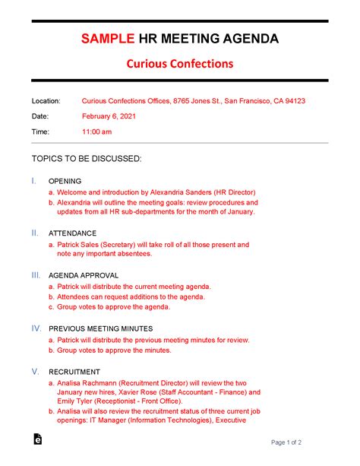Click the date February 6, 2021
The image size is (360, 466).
coord(109,116)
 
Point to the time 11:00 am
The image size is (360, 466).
coord(96,132)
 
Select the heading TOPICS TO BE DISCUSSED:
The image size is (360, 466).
coord(86,159)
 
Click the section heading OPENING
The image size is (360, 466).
coord(64,182)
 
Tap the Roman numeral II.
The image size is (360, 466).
coord(35,233)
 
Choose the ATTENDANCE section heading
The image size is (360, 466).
coord(72,233)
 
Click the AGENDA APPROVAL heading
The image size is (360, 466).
coord(83,274)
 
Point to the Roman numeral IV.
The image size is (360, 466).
coord(36,328)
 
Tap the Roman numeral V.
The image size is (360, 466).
coord(34,370)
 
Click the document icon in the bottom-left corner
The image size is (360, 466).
coord(36,439)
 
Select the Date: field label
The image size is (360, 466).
coord(39,116)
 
